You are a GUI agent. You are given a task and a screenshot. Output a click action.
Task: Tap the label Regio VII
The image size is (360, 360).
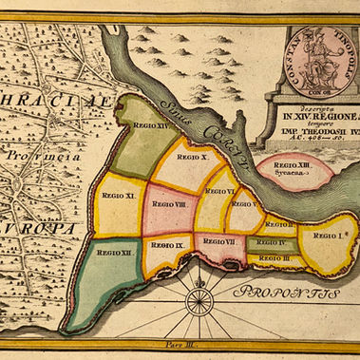220,242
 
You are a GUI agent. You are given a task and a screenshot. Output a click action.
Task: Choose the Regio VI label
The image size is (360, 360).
221,192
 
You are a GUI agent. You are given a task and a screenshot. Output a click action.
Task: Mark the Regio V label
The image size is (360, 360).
246,204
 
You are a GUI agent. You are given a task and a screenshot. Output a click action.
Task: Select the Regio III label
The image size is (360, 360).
275,257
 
